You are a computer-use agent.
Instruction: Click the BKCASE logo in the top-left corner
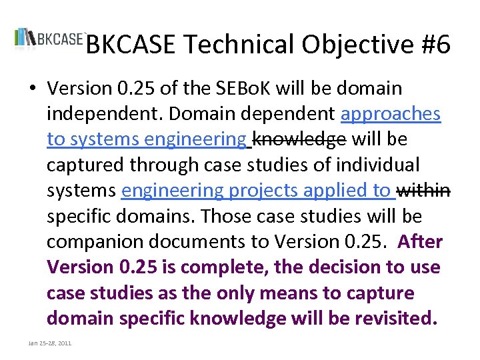click(49, 38)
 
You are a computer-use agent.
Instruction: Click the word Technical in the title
click(238, 45)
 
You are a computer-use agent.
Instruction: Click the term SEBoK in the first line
click(237, 89)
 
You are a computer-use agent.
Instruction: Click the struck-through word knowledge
click(299, 139)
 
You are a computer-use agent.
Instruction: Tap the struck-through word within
click(423, 191)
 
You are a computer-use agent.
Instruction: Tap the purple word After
click(420, 242)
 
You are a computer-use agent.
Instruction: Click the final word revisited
click(395, 319)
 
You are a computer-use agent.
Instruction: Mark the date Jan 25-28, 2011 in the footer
click(49, 343)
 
